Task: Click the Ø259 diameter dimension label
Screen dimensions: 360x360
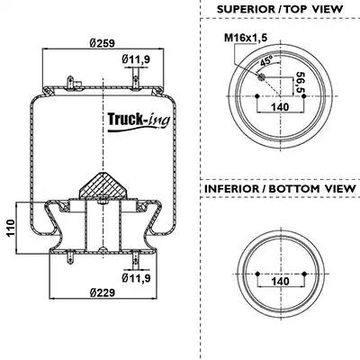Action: (x=102, y=43)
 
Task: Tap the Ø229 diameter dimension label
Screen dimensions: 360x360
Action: (x=102, y=292)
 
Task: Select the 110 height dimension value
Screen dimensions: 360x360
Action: (x=11, y=228)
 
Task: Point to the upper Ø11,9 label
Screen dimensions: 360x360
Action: (x=136, y=59)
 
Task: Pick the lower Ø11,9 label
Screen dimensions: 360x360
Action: (x=136, y=278)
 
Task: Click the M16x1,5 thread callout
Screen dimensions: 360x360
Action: (x=246, y=38)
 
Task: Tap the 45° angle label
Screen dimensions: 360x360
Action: (x=266, y=61)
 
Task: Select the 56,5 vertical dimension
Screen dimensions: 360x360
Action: (x=299, y=83)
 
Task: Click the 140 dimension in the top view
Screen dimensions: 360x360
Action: (x=280, y=107)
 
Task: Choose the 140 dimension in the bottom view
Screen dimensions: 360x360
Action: (x=281, y=282)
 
